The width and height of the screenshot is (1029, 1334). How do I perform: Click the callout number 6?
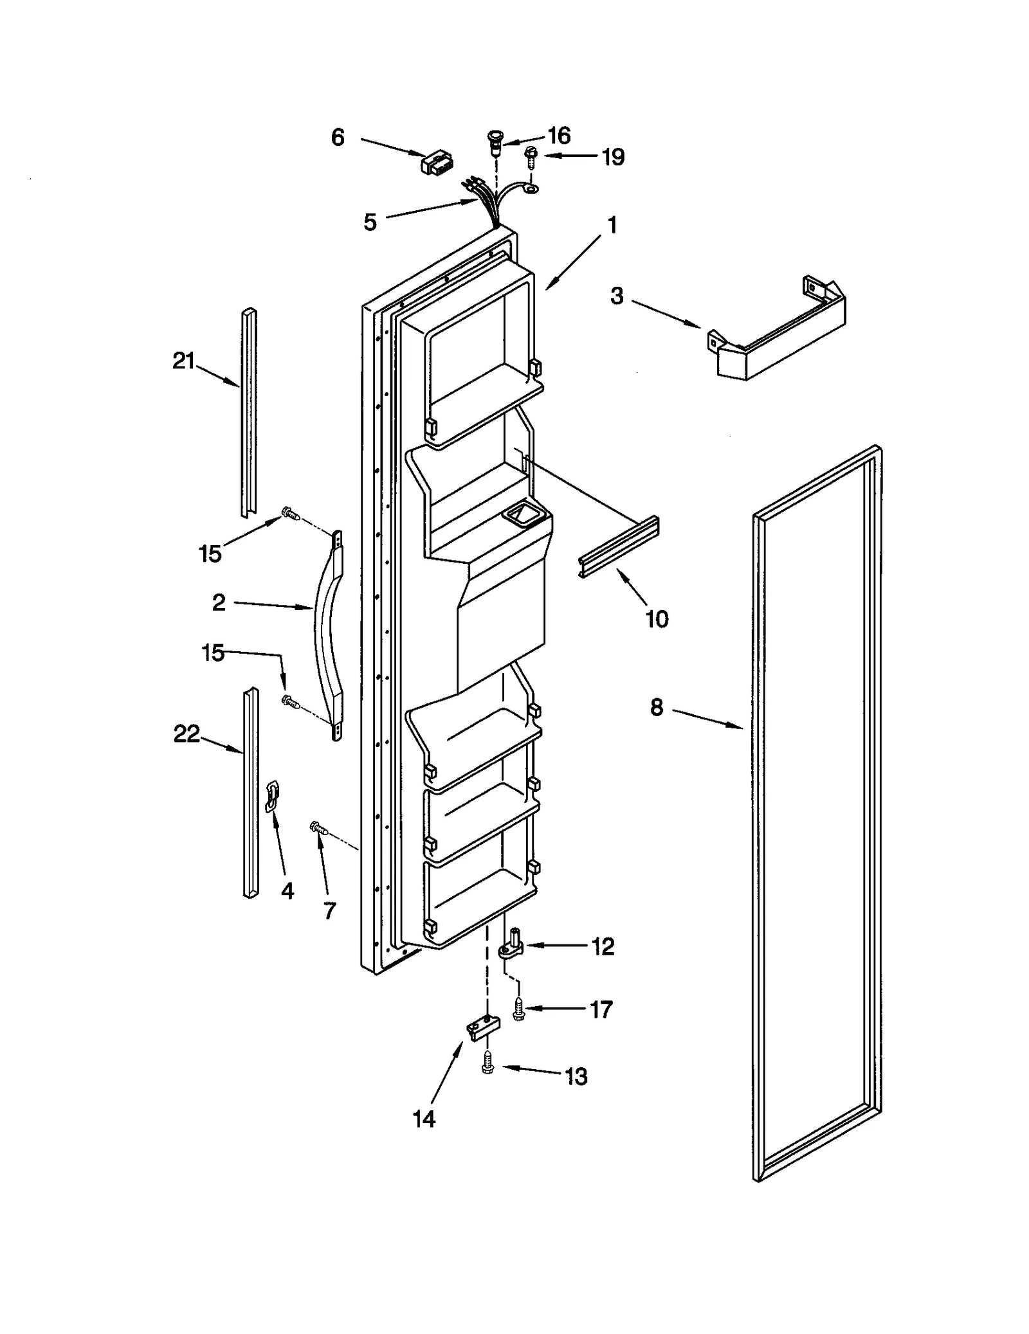point(338,138)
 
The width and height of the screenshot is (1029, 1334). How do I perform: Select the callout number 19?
point(613,157)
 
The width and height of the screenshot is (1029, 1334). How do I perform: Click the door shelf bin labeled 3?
point(778,332)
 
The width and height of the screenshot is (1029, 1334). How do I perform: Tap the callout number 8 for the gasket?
point(656,708)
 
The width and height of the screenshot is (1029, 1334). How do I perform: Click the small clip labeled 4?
point(273,797)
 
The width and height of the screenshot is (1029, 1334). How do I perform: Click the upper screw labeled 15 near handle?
point(290,513)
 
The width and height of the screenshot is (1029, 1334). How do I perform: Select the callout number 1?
point(612,226)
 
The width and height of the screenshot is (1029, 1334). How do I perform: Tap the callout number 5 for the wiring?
point(370,222)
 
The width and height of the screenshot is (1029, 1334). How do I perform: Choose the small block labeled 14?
point(480,1027)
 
